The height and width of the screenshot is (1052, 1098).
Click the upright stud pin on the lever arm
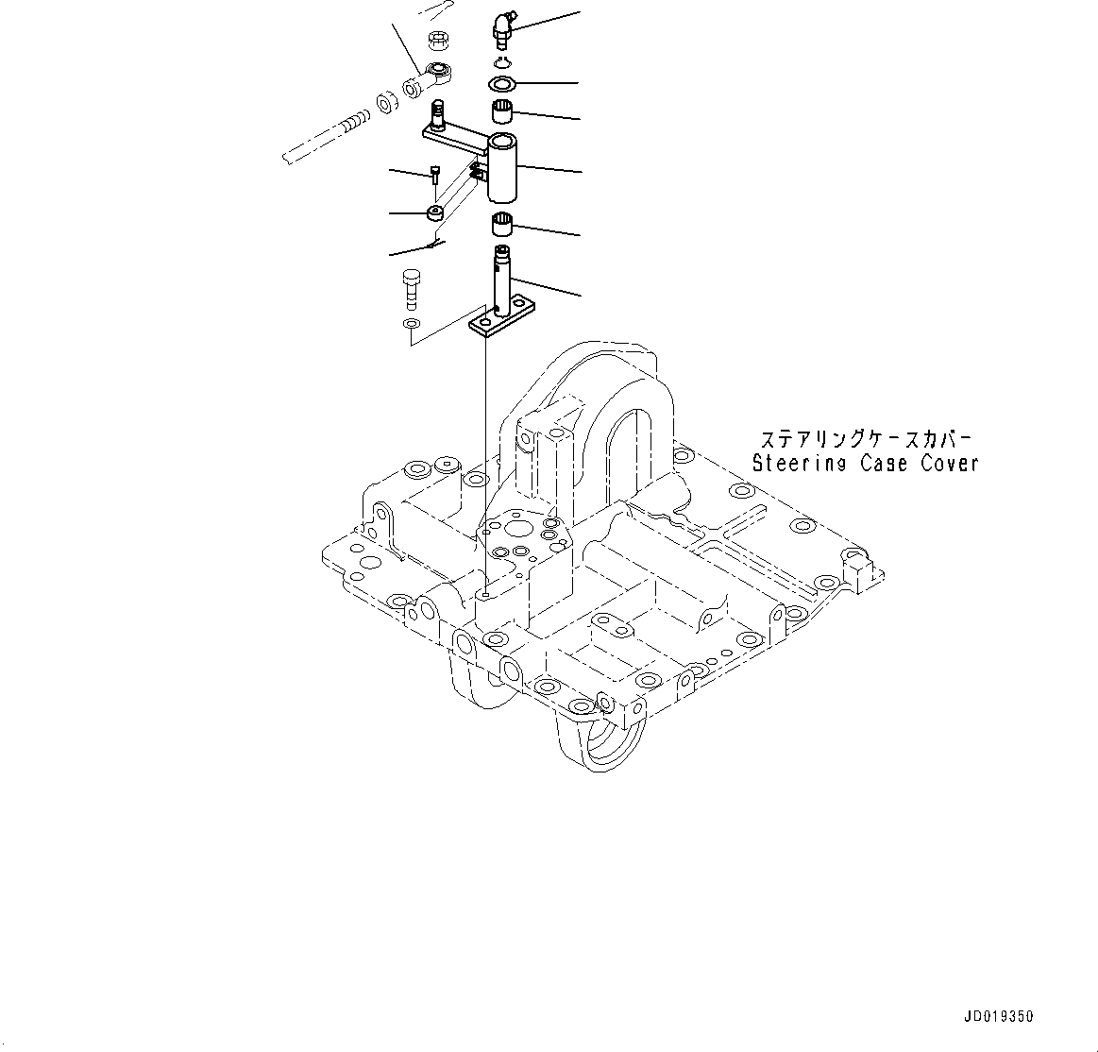[439, 115]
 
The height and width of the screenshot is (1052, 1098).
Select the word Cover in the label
[949, 464]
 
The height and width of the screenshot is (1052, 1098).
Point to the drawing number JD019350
[999, 1017]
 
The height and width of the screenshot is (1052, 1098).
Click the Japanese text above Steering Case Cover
[865, 440]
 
